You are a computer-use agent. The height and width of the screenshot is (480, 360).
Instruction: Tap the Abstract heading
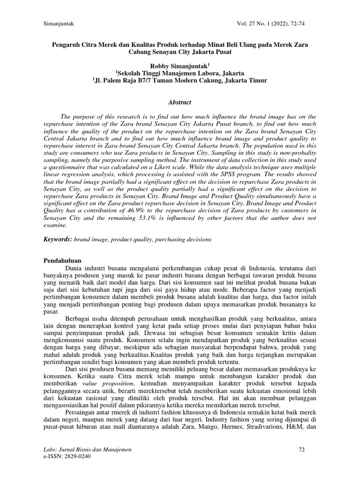pos(180,102)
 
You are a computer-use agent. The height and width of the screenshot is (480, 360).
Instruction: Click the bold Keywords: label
pos(58,239)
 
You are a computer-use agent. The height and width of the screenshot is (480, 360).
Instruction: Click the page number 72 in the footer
pos(301,450)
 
